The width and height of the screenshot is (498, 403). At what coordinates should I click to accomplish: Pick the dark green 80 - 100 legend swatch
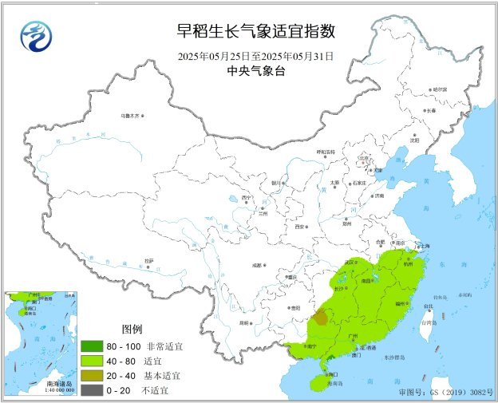(93, 346)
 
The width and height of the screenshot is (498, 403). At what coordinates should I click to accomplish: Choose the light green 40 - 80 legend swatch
(93, 360)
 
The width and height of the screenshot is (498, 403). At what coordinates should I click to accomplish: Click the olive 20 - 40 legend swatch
(93, 374)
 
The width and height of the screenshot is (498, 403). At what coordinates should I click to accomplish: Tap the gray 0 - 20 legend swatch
(93, 389)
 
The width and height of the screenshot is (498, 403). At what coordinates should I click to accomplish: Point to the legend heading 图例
(131, 329)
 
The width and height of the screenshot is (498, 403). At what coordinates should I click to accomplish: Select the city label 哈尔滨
(440, 89)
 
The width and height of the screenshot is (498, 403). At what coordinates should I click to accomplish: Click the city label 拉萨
(149, 260)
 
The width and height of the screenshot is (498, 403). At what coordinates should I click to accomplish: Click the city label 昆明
(244, 322)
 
